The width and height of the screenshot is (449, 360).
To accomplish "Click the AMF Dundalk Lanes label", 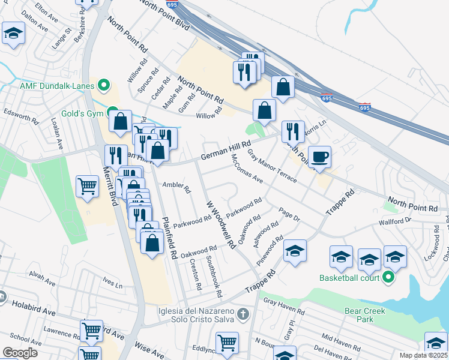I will (56, 86).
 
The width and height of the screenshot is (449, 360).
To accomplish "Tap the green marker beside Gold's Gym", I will (113, 112).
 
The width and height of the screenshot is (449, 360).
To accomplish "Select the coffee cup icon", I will (319, 156).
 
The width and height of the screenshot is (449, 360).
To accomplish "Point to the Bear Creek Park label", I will (364, 315).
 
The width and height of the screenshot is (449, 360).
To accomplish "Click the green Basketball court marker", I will (388, 278).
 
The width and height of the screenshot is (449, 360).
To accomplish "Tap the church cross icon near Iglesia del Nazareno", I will (242, 314).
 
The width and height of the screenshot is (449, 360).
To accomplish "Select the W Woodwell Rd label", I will (220, 224).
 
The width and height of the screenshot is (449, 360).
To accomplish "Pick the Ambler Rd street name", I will (176, 187).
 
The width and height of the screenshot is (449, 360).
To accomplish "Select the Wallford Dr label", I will (394, 221).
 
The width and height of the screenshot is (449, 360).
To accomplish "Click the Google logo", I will (20, 353).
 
